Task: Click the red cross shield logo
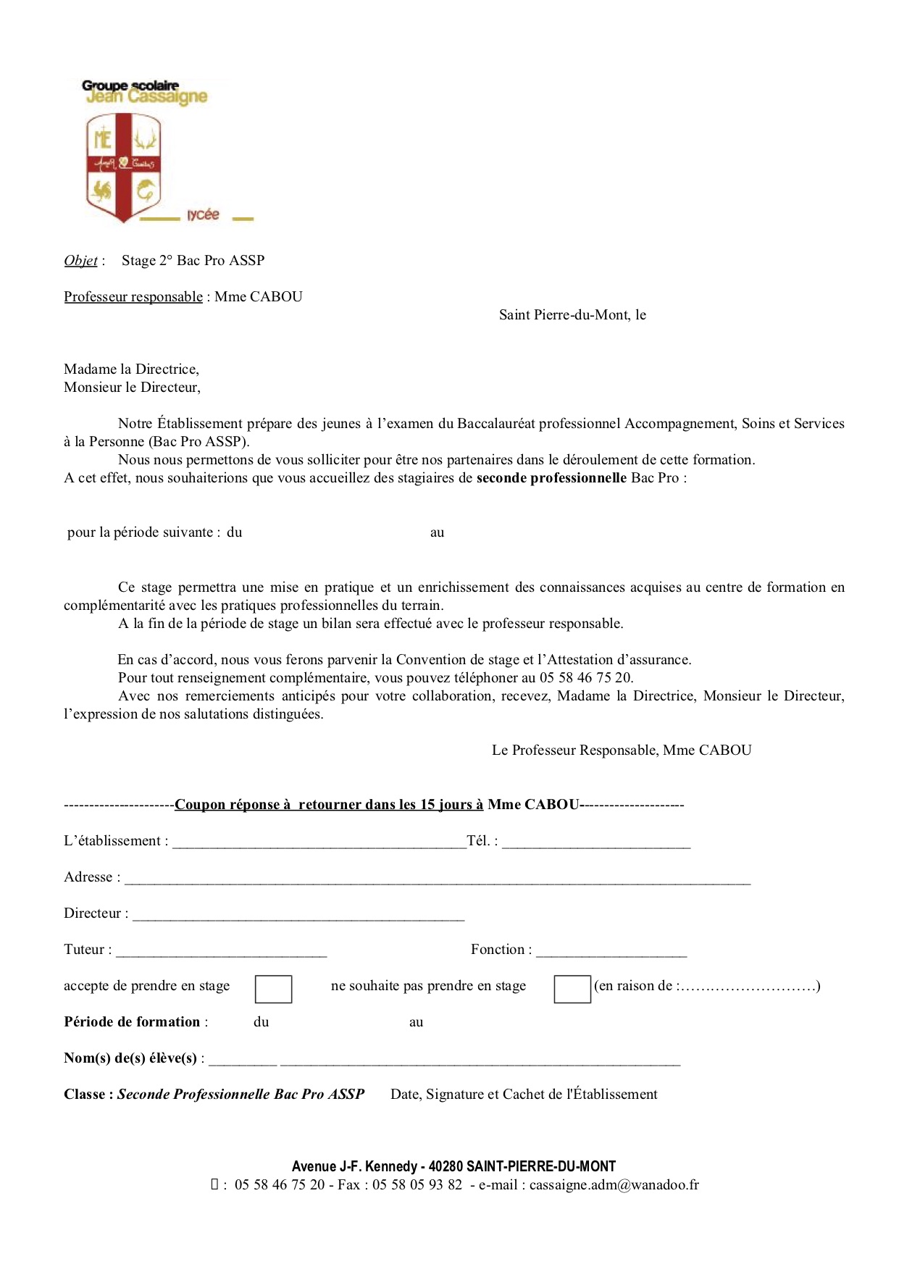[x=123, y=167]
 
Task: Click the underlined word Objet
[x=80, y=261]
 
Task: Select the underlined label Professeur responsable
[x=133, y=297]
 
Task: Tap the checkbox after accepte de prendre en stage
[x=274, y=989]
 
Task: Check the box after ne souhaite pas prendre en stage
[x=572, y=989]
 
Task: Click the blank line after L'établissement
[x=319, y=842]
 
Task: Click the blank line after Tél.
[x=595, y=842]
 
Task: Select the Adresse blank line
[x=438, y=879]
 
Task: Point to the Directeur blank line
[x=298, y=915]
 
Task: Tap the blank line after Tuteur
[x=221, y=951]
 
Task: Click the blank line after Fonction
[x=611, y=951]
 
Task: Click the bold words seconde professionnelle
[x=551, y=478]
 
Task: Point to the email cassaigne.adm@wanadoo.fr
[x=614, y=1185]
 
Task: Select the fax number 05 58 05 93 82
[x=417, y=1185]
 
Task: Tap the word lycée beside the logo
[x=203, y=214]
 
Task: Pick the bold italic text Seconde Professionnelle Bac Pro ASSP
[x=241, y=1095]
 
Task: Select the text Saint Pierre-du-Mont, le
[x=572, y=315]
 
